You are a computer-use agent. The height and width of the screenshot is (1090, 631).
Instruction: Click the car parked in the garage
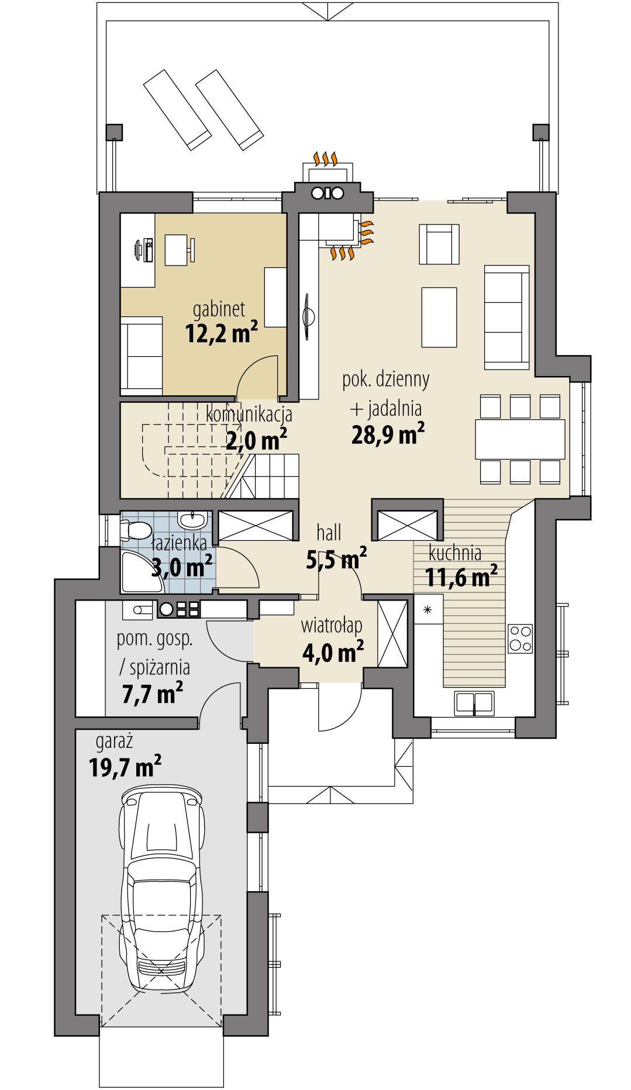162,888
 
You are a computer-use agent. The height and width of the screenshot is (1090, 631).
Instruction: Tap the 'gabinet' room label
219,309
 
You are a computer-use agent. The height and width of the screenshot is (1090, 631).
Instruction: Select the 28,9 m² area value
388,435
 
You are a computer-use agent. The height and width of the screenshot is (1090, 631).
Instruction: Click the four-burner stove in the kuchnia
520,638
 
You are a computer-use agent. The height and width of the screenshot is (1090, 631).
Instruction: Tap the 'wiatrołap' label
332,625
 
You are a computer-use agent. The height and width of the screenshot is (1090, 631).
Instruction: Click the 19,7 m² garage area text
125,767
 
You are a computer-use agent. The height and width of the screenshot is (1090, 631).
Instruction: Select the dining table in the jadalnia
520,439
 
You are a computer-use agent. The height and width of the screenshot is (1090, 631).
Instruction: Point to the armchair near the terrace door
439,244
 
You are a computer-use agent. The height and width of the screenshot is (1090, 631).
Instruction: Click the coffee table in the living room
439,316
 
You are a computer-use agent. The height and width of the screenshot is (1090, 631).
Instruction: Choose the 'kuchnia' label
455,553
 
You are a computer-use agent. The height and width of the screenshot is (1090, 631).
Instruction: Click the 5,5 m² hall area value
336,560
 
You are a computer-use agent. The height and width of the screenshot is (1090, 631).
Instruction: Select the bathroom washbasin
192,519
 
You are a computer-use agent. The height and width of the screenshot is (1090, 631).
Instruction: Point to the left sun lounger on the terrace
177,109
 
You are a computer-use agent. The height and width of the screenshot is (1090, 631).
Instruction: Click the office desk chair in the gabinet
192,250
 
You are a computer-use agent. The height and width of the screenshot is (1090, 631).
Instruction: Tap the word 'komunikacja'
249,415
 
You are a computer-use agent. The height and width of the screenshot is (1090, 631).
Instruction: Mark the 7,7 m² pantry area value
152,694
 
